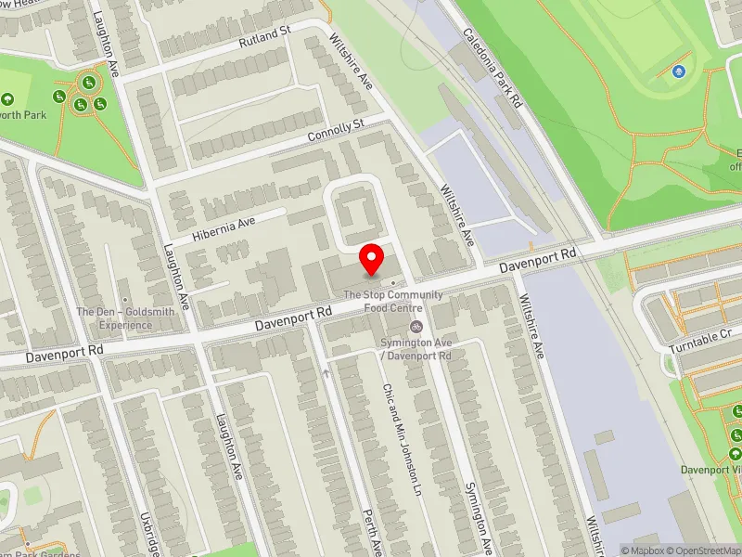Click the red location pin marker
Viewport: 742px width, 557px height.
(x=372, y=258)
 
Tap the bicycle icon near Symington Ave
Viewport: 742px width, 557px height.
(x=416, y=326)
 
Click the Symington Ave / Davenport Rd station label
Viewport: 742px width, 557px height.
(x=416, y=350)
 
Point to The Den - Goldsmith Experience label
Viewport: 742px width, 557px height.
(x=125, y=318)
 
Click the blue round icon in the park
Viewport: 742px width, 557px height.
(x=679, y=71)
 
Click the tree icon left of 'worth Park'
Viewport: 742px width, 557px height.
(x=7, y=99)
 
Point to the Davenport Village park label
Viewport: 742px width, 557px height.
(x=712, y=469)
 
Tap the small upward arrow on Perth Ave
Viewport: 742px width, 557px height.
(x=326, y=373)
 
